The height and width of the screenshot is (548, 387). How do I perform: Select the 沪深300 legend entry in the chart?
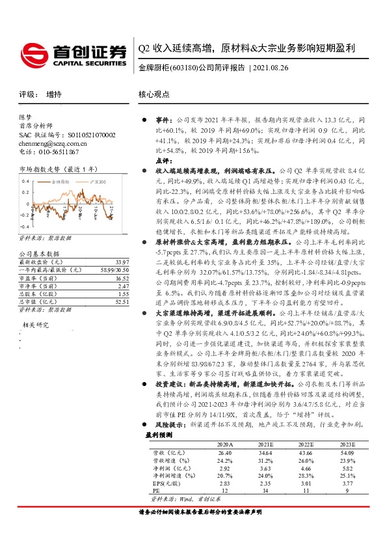pyautogui.click(x=96, y=184)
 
